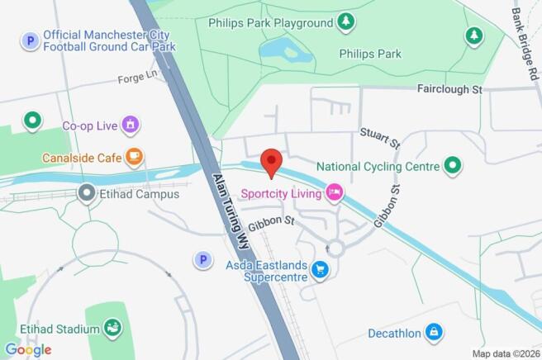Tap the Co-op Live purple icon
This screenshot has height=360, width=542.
coord(129,126)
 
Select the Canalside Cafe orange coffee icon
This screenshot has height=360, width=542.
coord(134,156)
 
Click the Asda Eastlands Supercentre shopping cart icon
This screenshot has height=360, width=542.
coord(320,270)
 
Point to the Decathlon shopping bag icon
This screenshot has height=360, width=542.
coord(435,333)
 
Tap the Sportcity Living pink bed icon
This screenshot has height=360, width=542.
coord(334,193)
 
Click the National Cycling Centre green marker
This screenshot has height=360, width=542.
coord(452,166)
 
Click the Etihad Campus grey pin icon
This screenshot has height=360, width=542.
coord(85,194)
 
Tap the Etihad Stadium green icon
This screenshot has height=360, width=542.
coord(112,330)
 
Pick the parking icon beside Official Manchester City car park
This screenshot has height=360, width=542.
coord(31,40)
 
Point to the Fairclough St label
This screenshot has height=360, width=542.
coord(449,88)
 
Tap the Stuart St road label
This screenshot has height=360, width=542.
coord(380,138)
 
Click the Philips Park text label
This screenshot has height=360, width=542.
coord(370,54)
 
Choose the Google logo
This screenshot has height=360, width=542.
coord(28,349)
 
